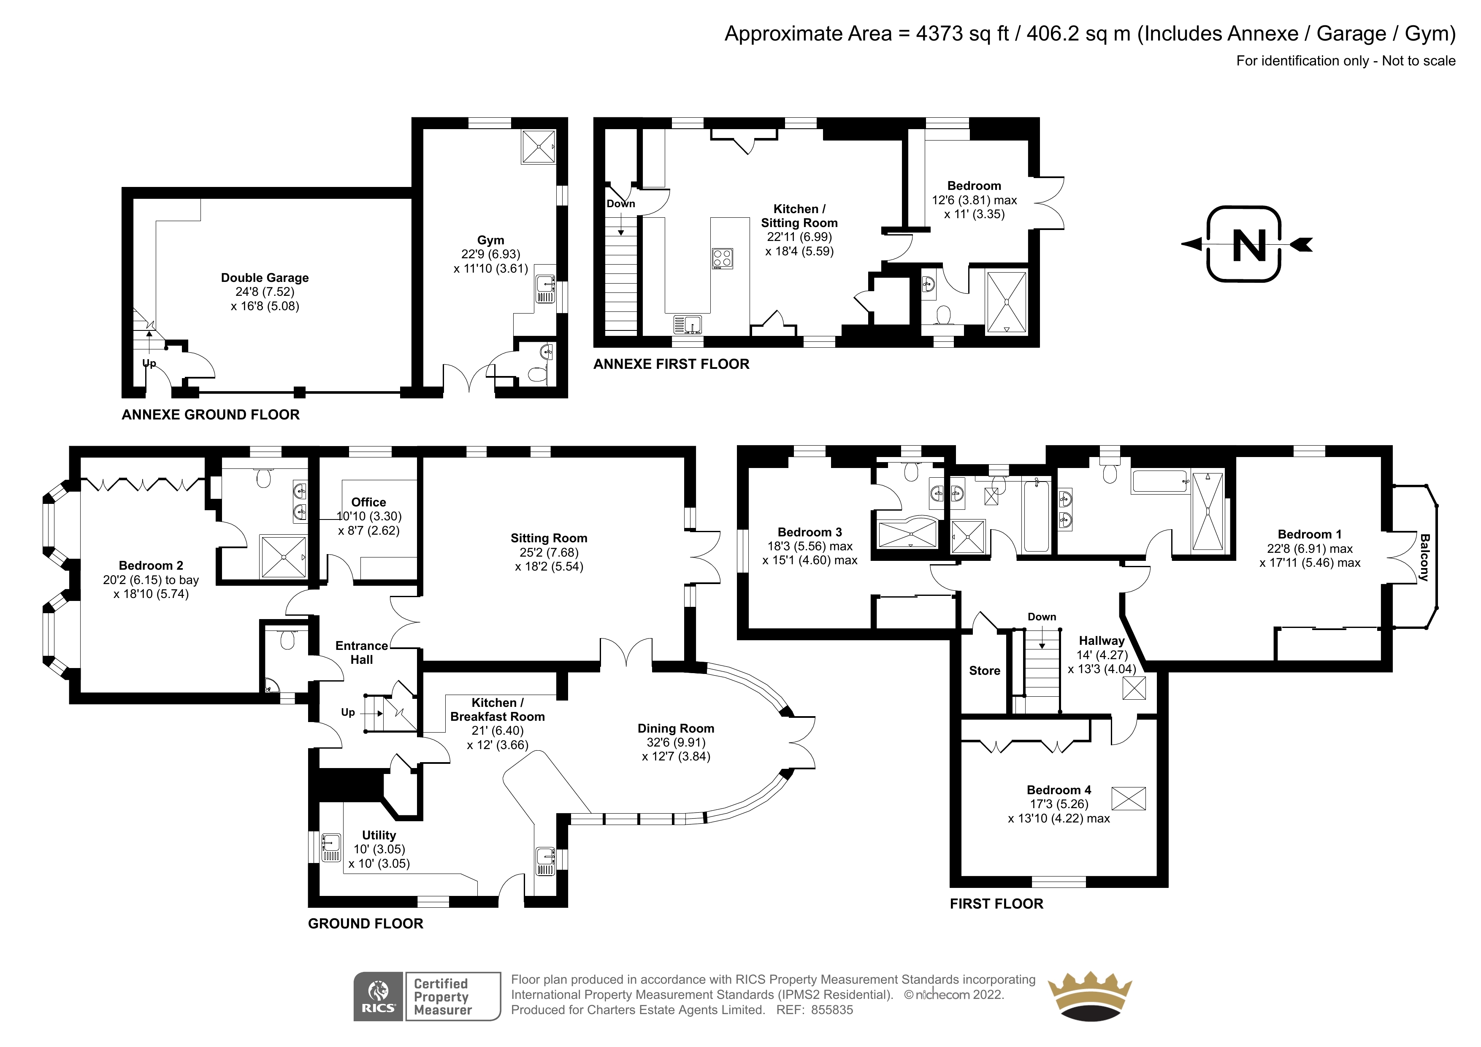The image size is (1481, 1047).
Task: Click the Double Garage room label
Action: tap(265, 278)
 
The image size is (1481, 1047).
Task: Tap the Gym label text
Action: tap(491, 240)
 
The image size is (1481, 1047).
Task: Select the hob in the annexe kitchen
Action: tap(723, 259)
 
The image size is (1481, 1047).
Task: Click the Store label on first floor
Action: tap(984, 671)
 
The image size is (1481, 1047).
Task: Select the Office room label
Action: tap(368, 502)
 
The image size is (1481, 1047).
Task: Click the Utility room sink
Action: tap(331, 847)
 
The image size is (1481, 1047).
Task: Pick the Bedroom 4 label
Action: tap(1059, 790)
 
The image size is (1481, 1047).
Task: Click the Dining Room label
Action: tap(676, 728)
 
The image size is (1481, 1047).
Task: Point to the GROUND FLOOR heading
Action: tap(366, 924)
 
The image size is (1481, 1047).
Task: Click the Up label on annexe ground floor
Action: tap(149, 363)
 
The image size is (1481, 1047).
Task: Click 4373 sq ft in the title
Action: tap(962, 33)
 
